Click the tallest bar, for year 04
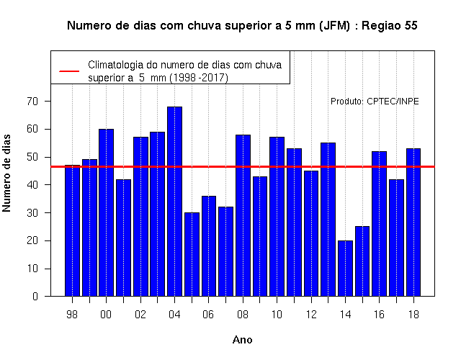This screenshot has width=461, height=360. (x=174, y=202)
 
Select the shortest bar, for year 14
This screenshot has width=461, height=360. (x=345, y=269)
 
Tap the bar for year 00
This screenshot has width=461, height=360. (x=106, y=212)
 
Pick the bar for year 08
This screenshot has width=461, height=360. (x=243, y=215)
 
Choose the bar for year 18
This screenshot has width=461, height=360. (x=413, y=222)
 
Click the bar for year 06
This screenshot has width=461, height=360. (x=209, y=246)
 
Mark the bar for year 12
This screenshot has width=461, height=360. (x=311, y=233)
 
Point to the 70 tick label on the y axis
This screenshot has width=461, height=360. (x=32, y=102)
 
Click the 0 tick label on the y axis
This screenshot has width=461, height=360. (x=35, y=296)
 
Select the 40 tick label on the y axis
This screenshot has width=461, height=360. (x=32, y=185)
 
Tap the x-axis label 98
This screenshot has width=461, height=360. (x=72, y=315)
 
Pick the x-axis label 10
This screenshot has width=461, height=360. (x=277, y=315)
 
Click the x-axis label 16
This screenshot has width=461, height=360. (x=380, y=315)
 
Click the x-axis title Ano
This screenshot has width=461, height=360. (x=242, y=340)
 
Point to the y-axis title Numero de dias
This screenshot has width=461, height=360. (x=6, y=173)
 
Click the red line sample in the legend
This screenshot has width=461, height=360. (x=69, y=71)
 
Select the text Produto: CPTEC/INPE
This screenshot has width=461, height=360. (x=375, y=102)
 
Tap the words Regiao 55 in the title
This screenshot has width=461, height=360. (x=389, y=26)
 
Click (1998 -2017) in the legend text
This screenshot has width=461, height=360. (x=199, y=78)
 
